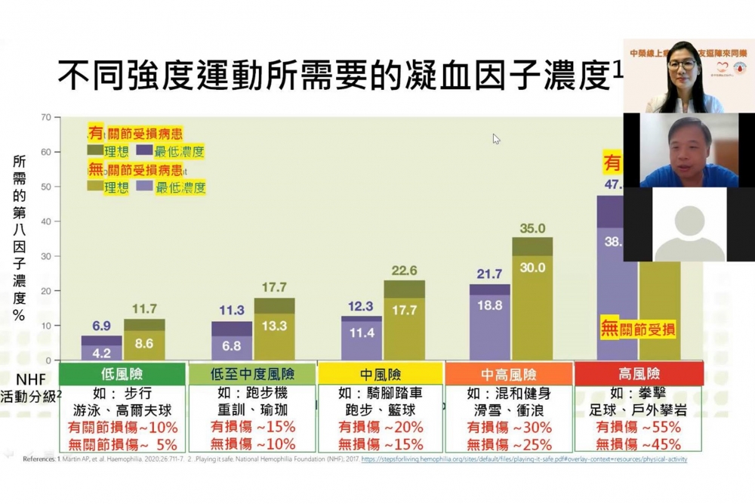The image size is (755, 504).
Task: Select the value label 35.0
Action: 532,228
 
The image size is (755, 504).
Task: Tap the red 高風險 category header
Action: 638,373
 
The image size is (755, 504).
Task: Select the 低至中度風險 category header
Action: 251,374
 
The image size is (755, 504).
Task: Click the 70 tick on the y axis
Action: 45,117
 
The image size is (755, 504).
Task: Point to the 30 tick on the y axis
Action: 45,256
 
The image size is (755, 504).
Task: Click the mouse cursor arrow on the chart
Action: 496,139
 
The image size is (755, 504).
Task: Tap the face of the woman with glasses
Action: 682,66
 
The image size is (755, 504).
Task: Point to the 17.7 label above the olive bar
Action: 274,287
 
